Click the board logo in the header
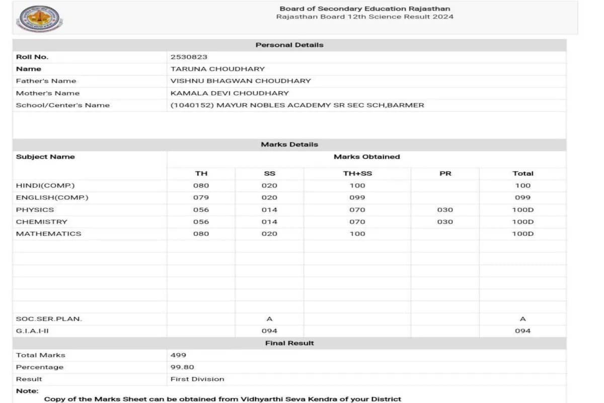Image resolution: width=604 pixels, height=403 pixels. point(39,20)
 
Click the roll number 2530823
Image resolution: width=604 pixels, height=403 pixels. point(189,57)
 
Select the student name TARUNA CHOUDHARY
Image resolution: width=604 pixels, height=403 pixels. point(217,69)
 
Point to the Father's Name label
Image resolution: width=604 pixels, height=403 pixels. point(46,81)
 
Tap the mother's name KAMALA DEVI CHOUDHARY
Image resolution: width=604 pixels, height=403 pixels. point(230,93)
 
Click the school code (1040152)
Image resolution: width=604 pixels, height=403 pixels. point(192,105)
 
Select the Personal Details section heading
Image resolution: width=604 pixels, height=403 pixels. point(289,45)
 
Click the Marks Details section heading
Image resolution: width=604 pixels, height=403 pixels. point(289,145)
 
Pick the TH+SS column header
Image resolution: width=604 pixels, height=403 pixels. point(357,173)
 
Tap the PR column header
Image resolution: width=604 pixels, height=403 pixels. point(445,173)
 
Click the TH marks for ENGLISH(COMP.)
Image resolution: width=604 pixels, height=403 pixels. point(201,197)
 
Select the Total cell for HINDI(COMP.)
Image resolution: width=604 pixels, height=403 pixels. point(522,185)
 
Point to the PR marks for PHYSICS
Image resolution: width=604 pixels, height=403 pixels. point(445,210)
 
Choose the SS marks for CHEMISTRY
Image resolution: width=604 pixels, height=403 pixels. point(269,222)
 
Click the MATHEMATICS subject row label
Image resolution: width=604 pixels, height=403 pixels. point(48,234)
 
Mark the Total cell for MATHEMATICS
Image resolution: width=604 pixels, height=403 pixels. point(522,234)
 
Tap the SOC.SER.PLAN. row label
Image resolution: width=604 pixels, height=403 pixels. point(49,319)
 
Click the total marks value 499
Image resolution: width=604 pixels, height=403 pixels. point(178,355)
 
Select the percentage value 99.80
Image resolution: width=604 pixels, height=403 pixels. point(182,367)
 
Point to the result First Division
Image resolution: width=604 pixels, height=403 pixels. point(197,379)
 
